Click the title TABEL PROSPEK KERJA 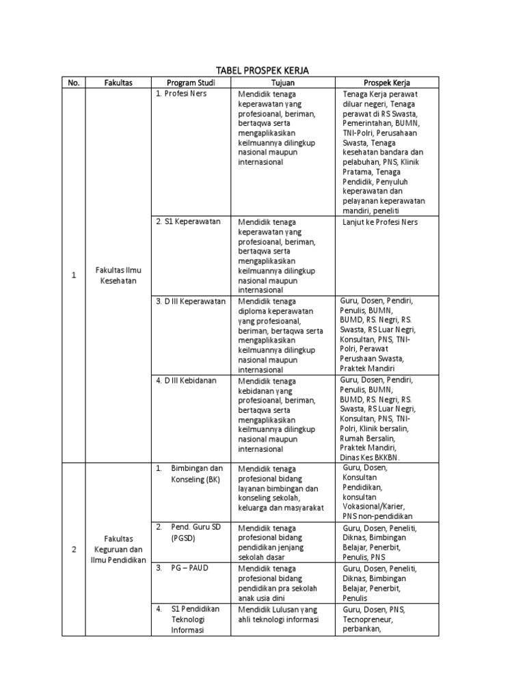tap(262, 70)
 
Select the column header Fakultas tap(118, 83)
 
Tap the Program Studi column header tap(191, 83)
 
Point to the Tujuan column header tap(282, 83)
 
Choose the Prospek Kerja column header tap(387, 83)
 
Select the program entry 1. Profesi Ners tap(181, 94)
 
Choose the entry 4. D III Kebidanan tap(186, 380)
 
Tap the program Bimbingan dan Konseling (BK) tap(197, 474)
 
